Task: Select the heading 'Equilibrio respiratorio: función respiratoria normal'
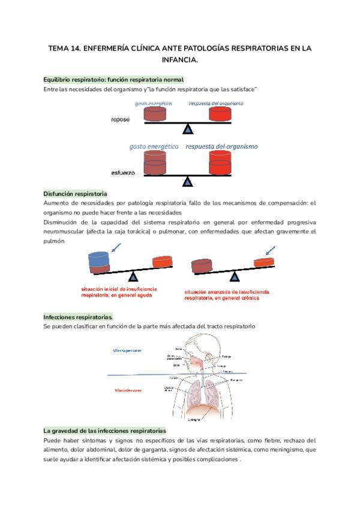[x=113, y=79]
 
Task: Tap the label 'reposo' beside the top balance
[x=121, y=119]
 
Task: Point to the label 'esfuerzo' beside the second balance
[x=123, y=173]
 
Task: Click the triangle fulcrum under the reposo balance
[x=188, y=128]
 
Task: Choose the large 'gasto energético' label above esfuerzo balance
[x=154, y=146]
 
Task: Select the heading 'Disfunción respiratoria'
[x=75, y=194]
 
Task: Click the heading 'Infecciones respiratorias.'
[x=78, y=316]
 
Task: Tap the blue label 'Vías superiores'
[x=127, y=349]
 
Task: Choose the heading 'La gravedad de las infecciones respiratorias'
[x=104, y=431]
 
